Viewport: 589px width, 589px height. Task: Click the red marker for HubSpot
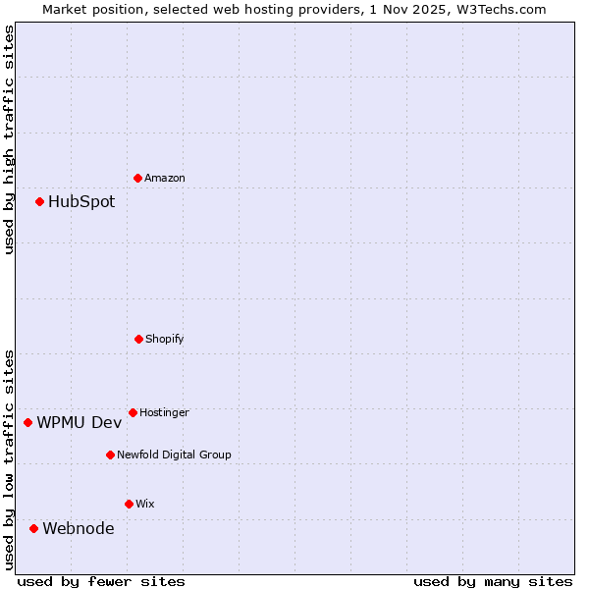tap(39, 201)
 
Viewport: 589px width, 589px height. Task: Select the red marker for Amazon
tap(137, 178)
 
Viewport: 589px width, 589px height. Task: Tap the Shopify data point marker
tap(138, 339)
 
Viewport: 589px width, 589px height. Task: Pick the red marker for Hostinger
tap(133, 412)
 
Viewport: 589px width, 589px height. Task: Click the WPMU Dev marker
tap(27, 422)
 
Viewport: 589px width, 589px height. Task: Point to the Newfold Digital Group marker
tap(110, 455)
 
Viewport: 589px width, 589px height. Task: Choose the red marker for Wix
tap(129, 504)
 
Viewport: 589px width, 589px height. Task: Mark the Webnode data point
tap(33, 528)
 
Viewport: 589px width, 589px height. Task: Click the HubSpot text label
tap(81, 202)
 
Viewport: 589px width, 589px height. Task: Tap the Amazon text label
tap(165, 179)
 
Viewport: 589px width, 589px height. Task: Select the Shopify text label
tap(165, 340)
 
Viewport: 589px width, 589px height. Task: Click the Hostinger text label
tap(164, 413)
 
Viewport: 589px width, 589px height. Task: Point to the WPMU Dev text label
tap(80, 423)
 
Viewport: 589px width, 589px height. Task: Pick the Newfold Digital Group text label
tap(174, 455)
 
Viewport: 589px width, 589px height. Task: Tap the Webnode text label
tap(79, 529)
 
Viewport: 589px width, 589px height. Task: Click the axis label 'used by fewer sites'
tap(101, 581)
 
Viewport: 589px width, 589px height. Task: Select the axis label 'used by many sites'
tap(493, 581)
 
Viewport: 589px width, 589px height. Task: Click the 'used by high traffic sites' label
tap(9, 139)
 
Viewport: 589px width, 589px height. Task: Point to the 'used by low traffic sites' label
tap(9, 458)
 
